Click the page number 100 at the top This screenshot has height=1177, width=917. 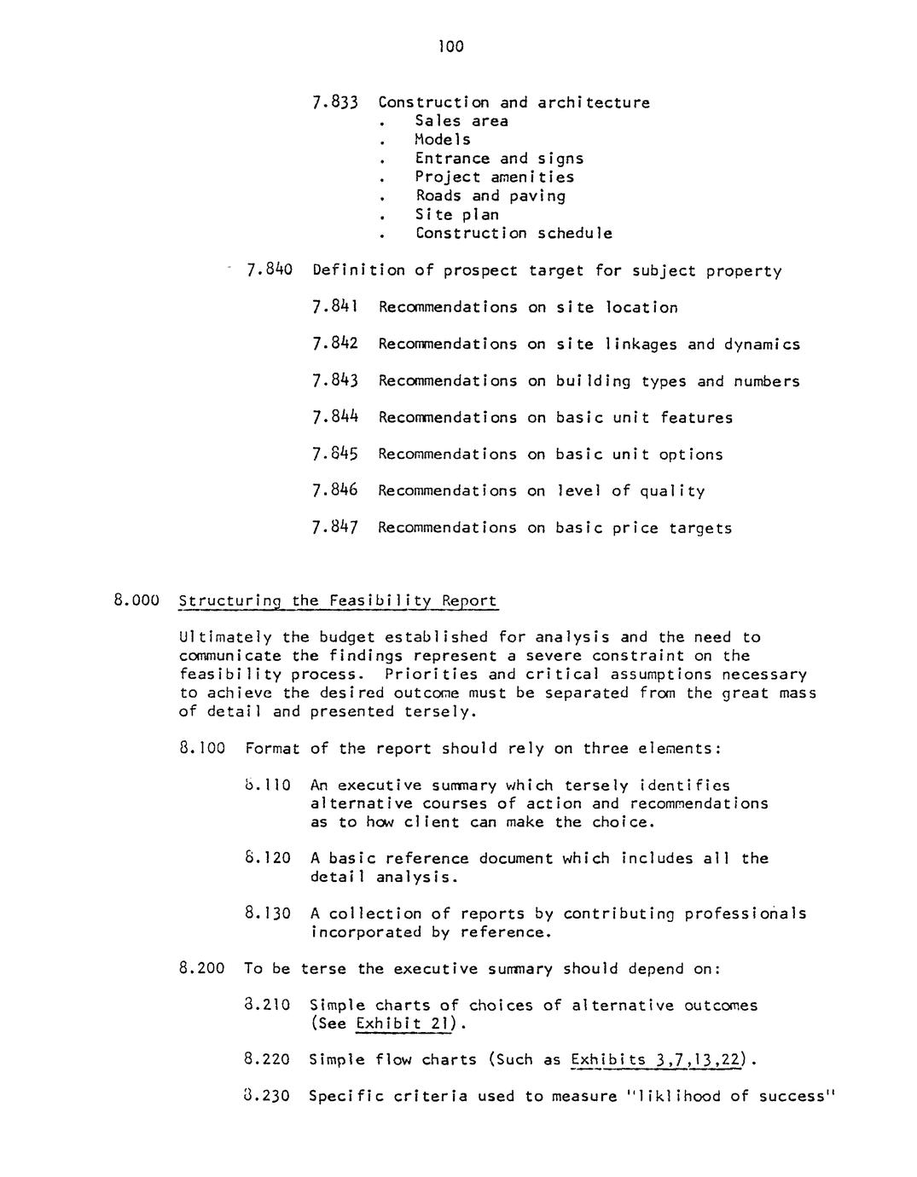pyautogui.click(x=451, y=47)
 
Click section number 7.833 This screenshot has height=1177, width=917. pyautogui.click(x=334, y=103)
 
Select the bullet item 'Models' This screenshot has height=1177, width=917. pyautogui.click(x=443, y=140)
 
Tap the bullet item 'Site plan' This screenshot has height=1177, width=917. pyautogui.click(x=456, y=215)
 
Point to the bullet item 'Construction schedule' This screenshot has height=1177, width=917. pyautogui.click(x=514, y=234)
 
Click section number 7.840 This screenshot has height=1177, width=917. pyautogui.click(x=269, y=271)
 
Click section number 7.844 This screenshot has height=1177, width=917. pyautogui.click(x=334, y=418)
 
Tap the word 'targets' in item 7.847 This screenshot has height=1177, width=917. pyautogui.click(x=700, y=529)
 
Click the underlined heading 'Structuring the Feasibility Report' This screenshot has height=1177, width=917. pyautogui.click(x=338, y=600)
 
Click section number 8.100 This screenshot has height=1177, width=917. pyautogui.click(x=202, y=749)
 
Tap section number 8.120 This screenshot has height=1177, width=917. pyautogui.click(x=267, y=859)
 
